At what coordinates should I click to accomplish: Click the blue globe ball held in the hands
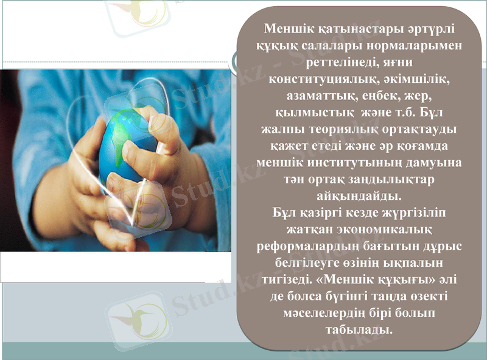pos(131,146)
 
